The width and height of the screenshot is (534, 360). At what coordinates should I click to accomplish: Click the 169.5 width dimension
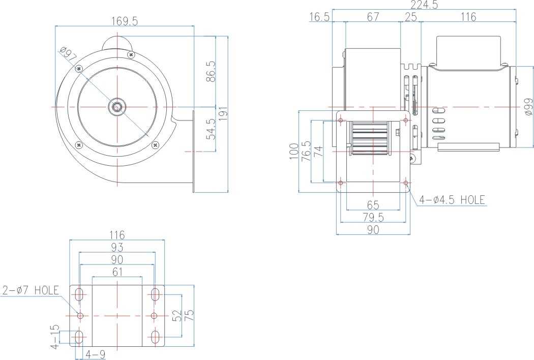pyautogui.click(x=125, y=21)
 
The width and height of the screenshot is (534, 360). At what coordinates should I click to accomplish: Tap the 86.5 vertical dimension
pyautogui.click(x=211, y=72)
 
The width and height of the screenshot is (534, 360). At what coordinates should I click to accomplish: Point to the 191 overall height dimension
pyautogui.click(x=223, y=114)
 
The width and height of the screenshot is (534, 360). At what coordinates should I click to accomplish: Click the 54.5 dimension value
pyautogui.click(x=211, y=129)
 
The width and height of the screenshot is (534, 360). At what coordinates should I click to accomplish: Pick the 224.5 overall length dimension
pyautogui.click(x=424, y=5)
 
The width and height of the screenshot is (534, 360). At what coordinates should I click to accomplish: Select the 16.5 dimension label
pyautogui.click(x=319, y=17)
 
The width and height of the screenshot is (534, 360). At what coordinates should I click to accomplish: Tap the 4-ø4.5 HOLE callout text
pyautogui.click(x=452, y=200)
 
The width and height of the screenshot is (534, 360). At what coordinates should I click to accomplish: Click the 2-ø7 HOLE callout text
pyautogui.click(x=31, y=290)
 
